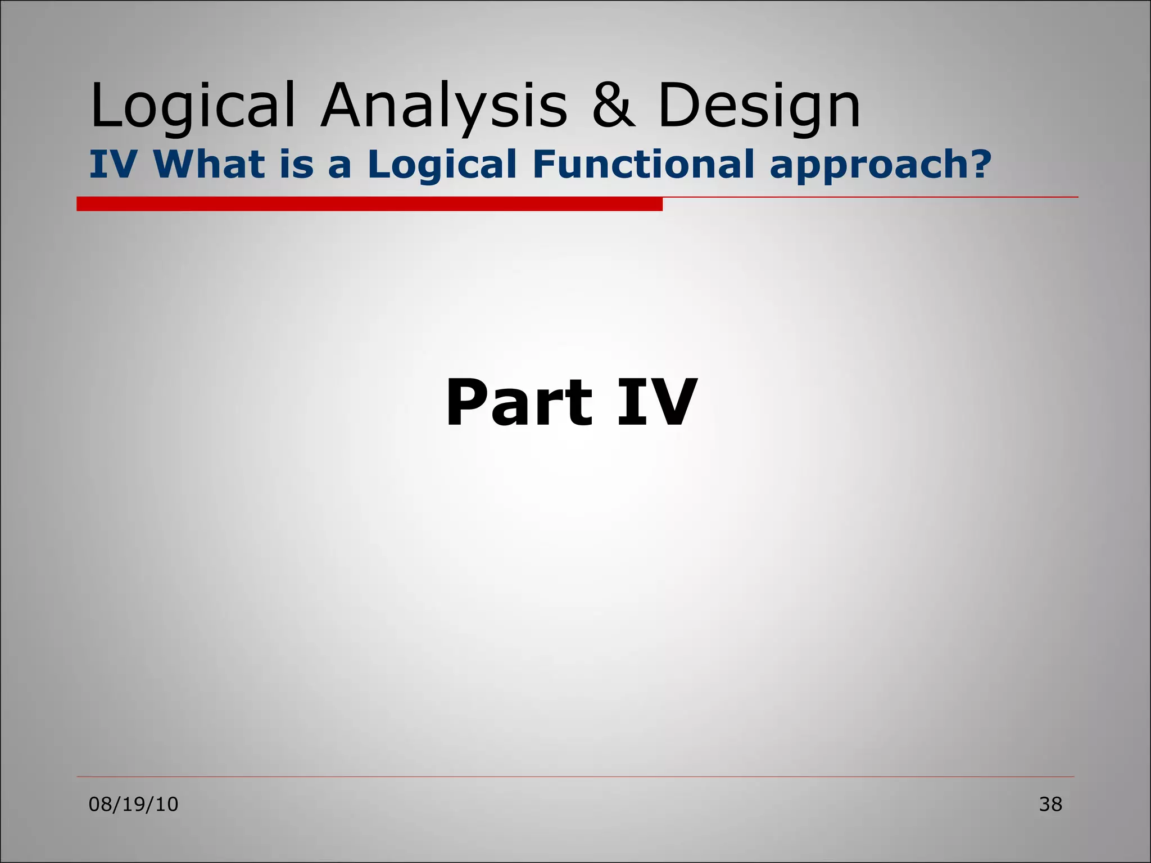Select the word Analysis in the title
[x=444, y=106]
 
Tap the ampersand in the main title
[x=614, y=106]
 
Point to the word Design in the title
[x=759, y=106]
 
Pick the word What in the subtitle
[x=210, y=165]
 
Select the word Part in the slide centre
[x=519, y=403]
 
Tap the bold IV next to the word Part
[x=656, y=403]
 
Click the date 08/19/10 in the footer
[x=134, y=805]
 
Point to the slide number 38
[x=1050, y=805]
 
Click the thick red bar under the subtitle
[x=369, y=204]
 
